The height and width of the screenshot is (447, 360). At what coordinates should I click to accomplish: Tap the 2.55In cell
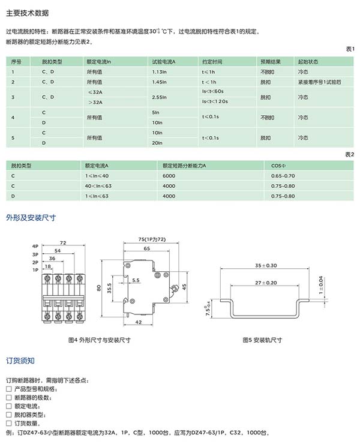tap(160, 97)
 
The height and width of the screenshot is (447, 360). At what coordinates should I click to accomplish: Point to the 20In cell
tap(158, 142)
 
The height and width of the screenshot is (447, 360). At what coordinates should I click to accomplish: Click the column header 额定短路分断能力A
tap(184, 164)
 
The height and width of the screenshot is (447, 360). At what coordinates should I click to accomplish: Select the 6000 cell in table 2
tap(169, 175)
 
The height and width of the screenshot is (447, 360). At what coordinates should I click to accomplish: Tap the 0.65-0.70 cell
tap(283, 175)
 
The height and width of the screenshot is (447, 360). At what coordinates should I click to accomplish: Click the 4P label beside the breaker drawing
tap(35, 246)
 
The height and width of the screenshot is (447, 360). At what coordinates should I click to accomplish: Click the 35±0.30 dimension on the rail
tap(265, 265)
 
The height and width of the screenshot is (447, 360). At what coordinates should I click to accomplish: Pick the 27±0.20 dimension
tap(266, 282)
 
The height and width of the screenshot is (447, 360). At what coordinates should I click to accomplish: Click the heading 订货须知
tap(20, 361)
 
